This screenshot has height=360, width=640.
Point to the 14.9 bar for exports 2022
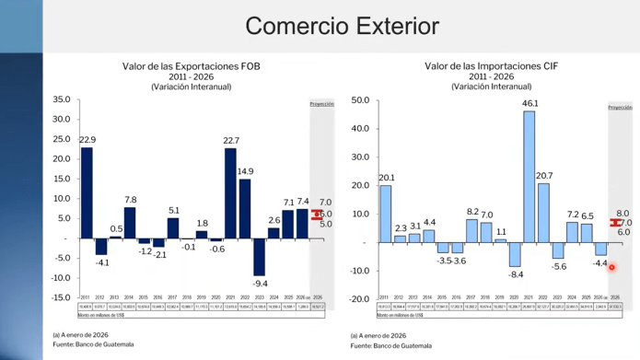(x=245, y=208)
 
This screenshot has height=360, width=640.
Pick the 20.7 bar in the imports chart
(x=543, y=213)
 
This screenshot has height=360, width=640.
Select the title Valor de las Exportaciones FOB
(x=191, y=66)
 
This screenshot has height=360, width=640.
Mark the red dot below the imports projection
(x=611, y=268)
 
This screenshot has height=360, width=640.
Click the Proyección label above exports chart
(x=320, y=105)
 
